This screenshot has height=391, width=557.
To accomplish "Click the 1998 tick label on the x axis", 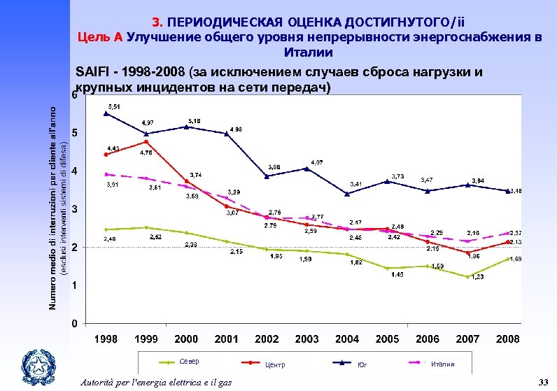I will pyautogui.click(x=106, y=339).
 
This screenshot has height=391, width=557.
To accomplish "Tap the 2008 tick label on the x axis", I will pyautogui.click(x=507, y=339).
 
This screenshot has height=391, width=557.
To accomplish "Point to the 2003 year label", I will pyautogui.click(x=307, y=339).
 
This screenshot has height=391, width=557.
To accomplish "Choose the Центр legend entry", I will pyautogui.click(x=275, y=364).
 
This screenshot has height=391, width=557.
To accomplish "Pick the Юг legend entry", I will pyautogui.click(x=361, y=364).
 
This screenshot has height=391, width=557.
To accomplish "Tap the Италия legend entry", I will pyautogui.click(x=442, y=364).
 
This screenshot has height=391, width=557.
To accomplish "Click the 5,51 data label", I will pyautogui.click(x=113, y=106).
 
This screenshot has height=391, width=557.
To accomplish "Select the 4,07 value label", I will pyautogui.click(x=317, y=162).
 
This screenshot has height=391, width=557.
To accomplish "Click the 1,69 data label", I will pyautogui.click(x=514, y=260).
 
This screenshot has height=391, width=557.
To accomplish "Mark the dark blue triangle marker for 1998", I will pyautogui.click(x=106, y=113).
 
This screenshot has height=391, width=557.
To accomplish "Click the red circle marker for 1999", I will pyautogui.click(x=146, y=142).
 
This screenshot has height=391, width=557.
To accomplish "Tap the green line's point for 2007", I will pyautogui.click(x=467, y=276).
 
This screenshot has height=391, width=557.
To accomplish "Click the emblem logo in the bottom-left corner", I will pyautogui.click(x=36, y=365).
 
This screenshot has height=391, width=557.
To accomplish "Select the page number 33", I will pyautogui.click(x=542, y=381).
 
